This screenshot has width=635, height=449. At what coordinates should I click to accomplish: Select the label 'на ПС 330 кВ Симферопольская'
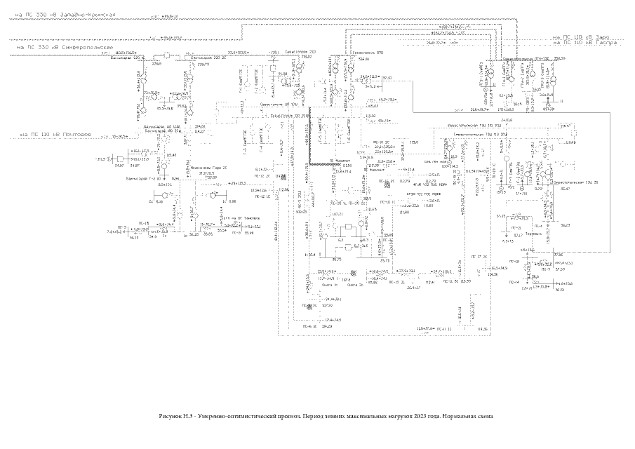pos(63,47)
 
